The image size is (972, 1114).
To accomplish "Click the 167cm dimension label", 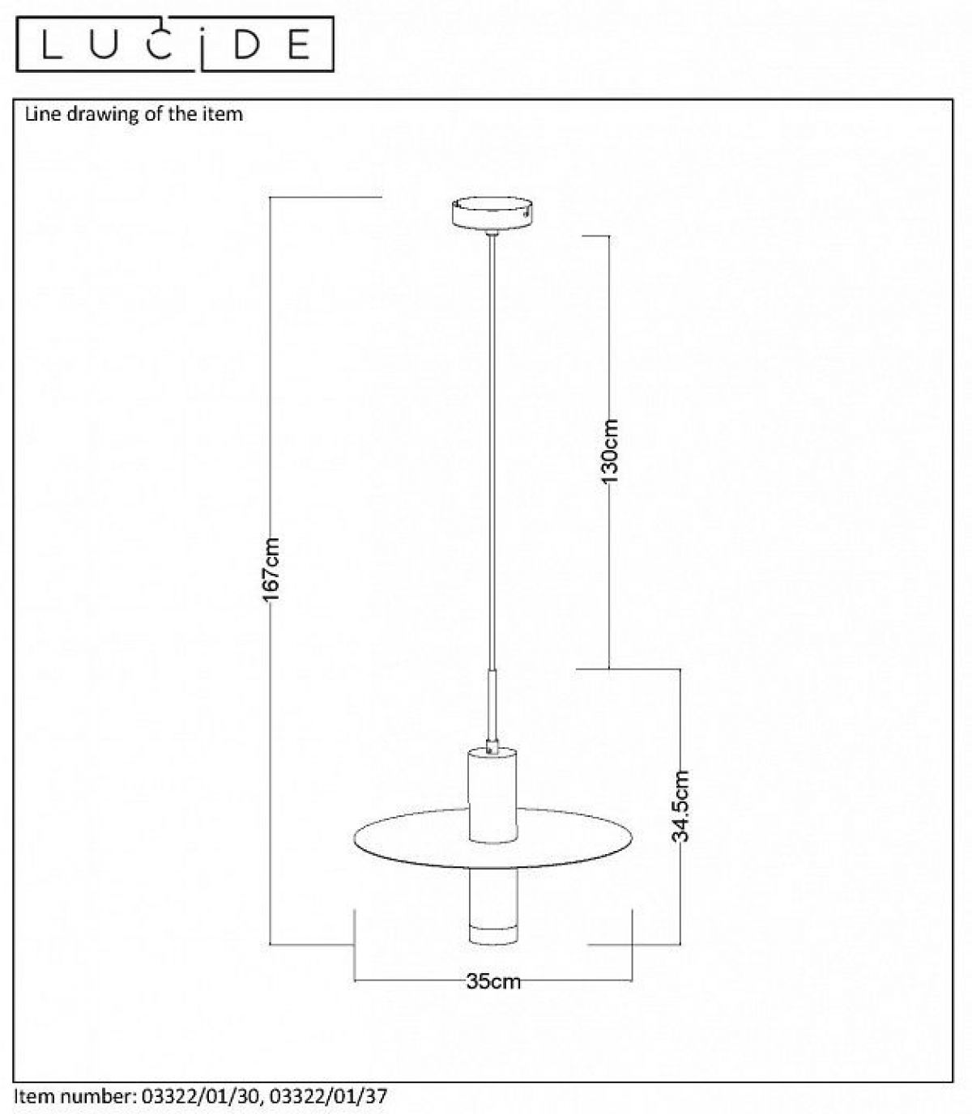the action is (x=271, y=569).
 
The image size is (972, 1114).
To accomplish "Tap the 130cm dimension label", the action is (x=611, y=451).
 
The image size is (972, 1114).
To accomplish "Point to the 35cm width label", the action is (x=493, y=982).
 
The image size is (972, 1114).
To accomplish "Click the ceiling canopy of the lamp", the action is (x=492, y=214).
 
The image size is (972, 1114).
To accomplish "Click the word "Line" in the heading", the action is (x=43, y=114).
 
